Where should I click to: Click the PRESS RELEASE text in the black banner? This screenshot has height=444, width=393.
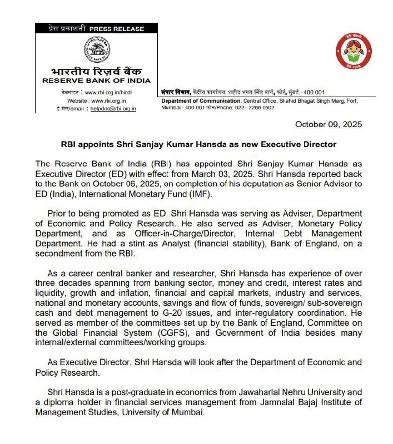pos(116,29)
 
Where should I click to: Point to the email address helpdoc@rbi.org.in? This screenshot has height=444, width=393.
pos(115,109)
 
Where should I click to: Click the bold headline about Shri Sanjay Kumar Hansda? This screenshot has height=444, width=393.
pos(198,144)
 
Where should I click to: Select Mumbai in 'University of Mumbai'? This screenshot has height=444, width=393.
pos(187,412)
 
